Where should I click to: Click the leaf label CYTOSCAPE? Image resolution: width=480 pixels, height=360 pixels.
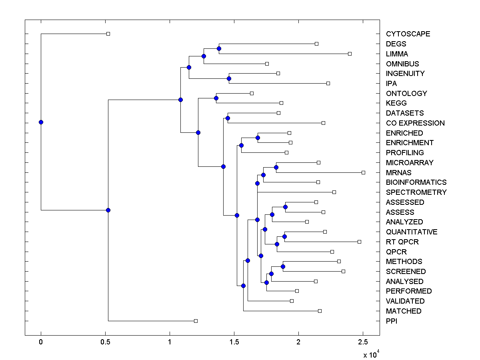pyautogui.click(x=408, y=34)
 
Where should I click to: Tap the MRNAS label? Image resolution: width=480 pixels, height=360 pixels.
pyautogui.click(x=398, y=172)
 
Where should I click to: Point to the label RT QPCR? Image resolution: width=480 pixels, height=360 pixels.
pyautogui.click(x=402, y=242)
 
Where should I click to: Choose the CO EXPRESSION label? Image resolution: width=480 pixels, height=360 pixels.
pyautogui.click(x=415, y=123)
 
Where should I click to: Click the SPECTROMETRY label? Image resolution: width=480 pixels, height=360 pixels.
pyautogui.click(x=416, y=192)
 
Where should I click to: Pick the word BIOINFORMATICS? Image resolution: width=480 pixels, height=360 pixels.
pyautogui.click(x=416, y=182)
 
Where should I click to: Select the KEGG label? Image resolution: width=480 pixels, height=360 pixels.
pyautogui.click(x=396, y=103)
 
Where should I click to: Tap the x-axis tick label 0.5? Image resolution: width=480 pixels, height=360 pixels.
pyautogui.click(x=105, y=342)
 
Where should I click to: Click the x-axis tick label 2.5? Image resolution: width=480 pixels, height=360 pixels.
pyautogui.click(x=363, y=342)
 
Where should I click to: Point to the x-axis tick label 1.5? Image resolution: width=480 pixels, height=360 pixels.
pyautogui.click(x=234, y=342)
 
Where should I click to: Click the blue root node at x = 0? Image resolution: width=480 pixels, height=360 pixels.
pyautogui.click(x=41, y=122)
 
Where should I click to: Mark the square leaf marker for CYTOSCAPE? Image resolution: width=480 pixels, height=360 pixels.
pyautogui.click(x=108, y=34)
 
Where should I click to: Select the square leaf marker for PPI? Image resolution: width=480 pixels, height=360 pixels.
pyautogui.click(x=196, y=321)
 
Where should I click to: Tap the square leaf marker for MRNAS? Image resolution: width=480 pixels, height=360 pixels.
pyautogui.click(x=363, y=172)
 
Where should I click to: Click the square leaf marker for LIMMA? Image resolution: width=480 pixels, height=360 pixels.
pyautogui.click(x=350, y=54)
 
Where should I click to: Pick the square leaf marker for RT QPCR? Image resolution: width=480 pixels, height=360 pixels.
pyautogui.click(x=359, y=242)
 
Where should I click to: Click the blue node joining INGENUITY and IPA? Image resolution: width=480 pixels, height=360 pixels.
pyautogui.click(x=229, y=78)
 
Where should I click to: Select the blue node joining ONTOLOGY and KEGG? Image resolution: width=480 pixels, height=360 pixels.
pyautogui.click(x=216, y=98)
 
